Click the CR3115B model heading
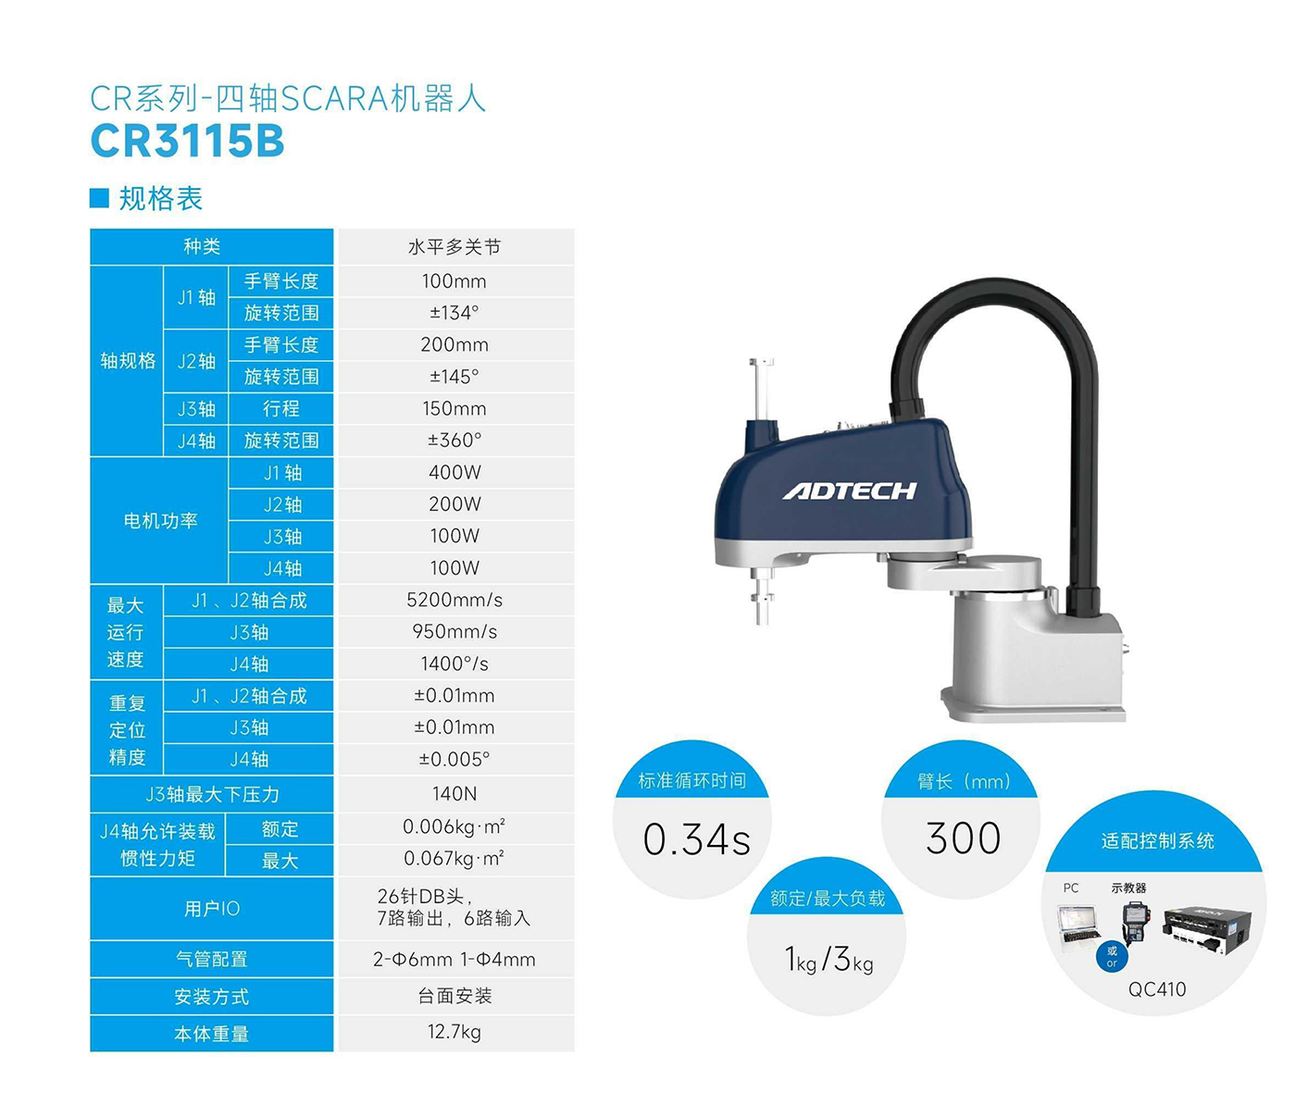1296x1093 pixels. click(187, 141)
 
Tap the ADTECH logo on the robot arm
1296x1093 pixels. click(850, 491)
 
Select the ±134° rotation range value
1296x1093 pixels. click(455, 313)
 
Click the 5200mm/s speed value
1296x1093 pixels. click(455, 600)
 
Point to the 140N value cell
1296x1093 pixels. click(455, 793)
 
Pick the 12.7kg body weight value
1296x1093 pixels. click(455, 1032)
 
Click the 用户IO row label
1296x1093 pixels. click(212, 909)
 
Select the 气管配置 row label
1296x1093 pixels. click(212, 959)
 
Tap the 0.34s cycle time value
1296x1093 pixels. click(696, 839)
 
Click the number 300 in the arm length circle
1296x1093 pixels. click(963, 838)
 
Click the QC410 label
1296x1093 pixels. click(1157, 989)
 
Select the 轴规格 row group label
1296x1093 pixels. click(128, 361)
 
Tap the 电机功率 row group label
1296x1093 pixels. click(160, 520)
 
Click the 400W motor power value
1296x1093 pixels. click(455, 472)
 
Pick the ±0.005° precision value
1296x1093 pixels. click(455, 759)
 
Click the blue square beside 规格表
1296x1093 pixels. click(99, 198)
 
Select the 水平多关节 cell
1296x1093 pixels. click(455, 247)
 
